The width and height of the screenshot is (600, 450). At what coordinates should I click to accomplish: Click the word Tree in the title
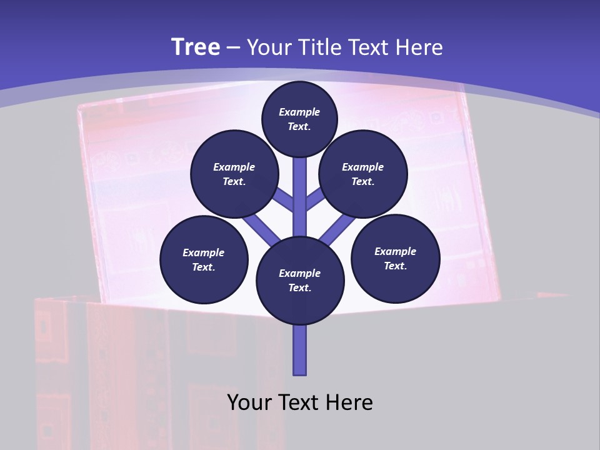click(x=196, y=47)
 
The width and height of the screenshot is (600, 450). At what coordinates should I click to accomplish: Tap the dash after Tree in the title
click(x=234, y=48)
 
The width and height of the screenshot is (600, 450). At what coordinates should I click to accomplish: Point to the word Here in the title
click(x=418, y=47)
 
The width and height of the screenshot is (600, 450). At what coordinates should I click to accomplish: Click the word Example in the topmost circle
click(x=299, y=112)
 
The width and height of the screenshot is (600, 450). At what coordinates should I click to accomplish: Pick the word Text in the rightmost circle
click(x=395, y=266)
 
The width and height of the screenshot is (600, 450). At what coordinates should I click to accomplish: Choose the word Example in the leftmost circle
click(x=204, y=252)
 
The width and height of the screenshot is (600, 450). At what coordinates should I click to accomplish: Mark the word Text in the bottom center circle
click(x=300, y=287)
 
